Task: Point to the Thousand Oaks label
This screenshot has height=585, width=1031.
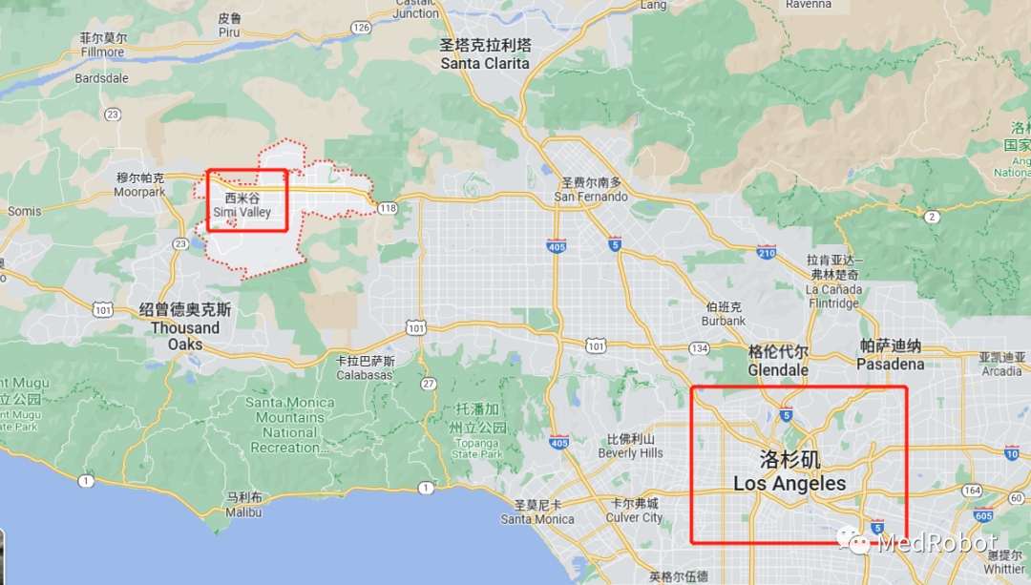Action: click(185, 327)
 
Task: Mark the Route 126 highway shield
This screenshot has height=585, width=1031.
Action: click(360, 28)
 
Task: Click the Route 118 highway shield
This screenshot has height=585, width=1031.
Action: click(387, 208)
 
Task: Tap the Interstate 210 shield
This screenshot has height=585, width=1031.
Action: click(766, 253)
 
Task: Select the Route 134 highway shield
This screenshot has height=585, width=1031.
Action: click(701, 348)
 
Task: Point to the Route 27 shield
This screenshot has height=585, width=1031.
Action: click(429, 384)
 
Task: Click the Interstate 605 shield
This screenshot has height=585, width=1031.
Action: click(983, 514)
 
